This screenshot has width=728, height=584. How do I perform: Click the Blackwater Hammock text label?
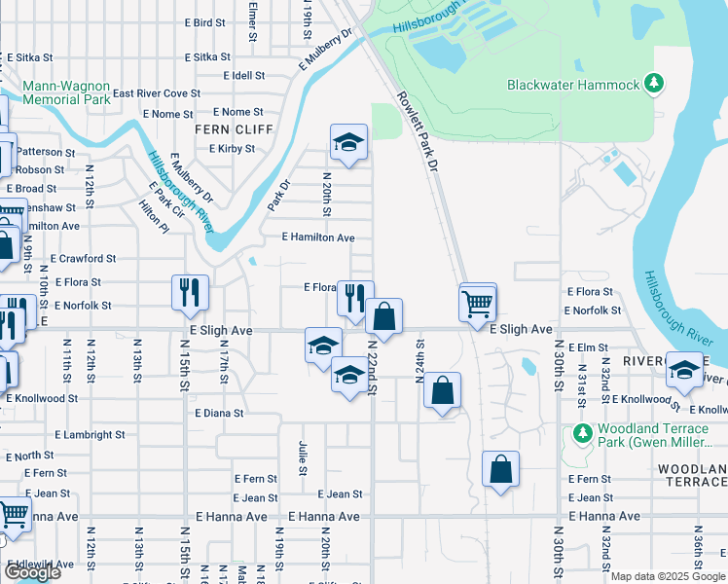[x=573, y=85]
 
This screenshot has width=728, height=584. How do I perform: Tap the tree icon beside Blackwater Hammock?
[x=657, y=84]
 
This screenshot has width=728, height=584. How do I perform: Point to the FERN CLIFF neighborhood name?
[x=225, y=129]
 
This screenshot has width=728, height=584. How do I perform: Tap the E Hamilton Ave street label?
[x=318, y=237]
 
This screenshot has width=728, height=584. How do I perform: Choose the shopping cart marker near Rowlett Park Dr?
[x=477, y=303]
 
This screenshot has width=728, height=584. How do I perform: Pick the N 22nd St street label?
[x=372, y=360]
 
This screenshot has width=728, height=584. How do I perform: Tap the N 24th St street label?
[x=420, y=361]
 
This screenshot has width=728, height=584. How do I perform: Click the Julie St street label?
[x=303, y=457]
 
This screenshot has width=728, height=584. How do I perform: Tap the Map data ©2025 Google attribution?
[x=668, y=577]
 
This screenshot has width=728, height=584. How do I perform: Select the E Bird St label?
[x=204, y=22]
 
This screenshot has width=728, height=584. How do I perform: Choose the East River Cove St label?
[x=157, y=93]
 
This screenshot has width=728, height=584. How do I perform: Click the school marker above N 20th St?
[x=348, y=143]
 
